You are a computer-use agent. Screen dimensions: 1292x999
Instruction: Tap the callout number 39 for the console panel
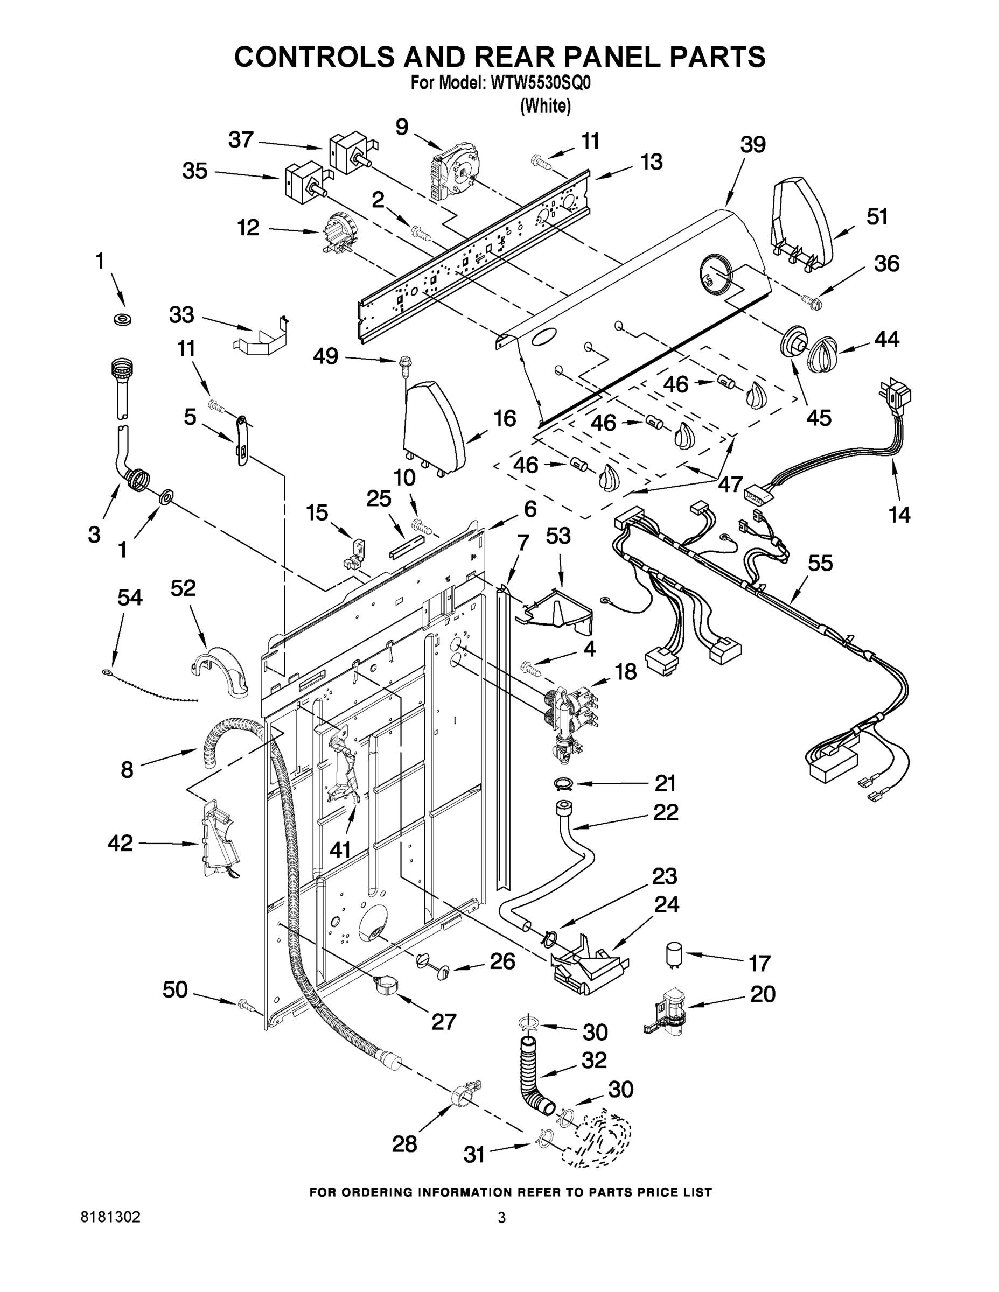point(753,145)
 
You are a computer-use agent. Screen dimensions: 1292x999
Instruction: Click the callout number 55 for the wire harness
point(820,563)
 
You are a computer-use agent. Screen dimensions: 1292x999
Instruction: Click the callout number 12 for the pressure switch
point(248,227)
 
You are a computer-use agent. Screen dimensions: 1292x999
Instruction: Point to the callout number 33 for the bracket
point(181,315)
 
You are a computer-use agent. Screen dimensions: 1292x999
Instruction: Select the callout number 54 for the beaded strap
point(130,598)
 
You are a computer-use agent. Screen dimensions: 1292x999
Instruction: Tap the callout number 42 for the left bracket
point(120,843)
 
